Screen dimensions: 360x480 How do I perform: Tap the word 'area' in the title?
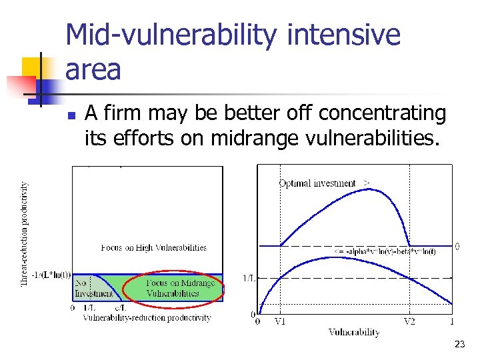click(x=93, y=69)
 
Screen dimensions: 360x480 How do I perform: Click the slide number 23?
click(x=459, y=345)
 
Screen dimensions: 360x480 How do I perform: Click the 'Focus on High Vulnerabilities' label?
click(x=154, y=247)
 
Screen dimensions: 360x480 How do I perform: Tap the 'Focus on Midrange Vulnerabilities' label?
click(x=172, y=288)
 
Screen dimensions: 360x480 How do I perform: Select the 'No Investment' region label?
click(x=89, y=288)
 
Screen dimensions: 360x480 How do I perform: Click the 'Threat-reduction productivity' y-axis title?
click(x=25, y=234)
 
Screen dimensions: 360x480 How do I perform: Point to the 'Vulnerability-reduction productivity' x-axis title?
click(x=147, y=318)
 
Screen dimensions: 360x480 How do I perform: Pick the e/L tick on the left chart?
click(x=120, y=308)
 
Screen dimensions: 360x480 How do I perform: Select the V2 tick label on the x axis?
click(x=409, y=321)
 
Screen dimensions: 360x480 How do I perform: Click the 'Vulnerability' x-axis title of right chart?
click(x=354, y=332)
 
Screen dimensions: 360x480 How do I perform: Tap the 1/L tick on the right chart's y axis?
click(x=248, y=277)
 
